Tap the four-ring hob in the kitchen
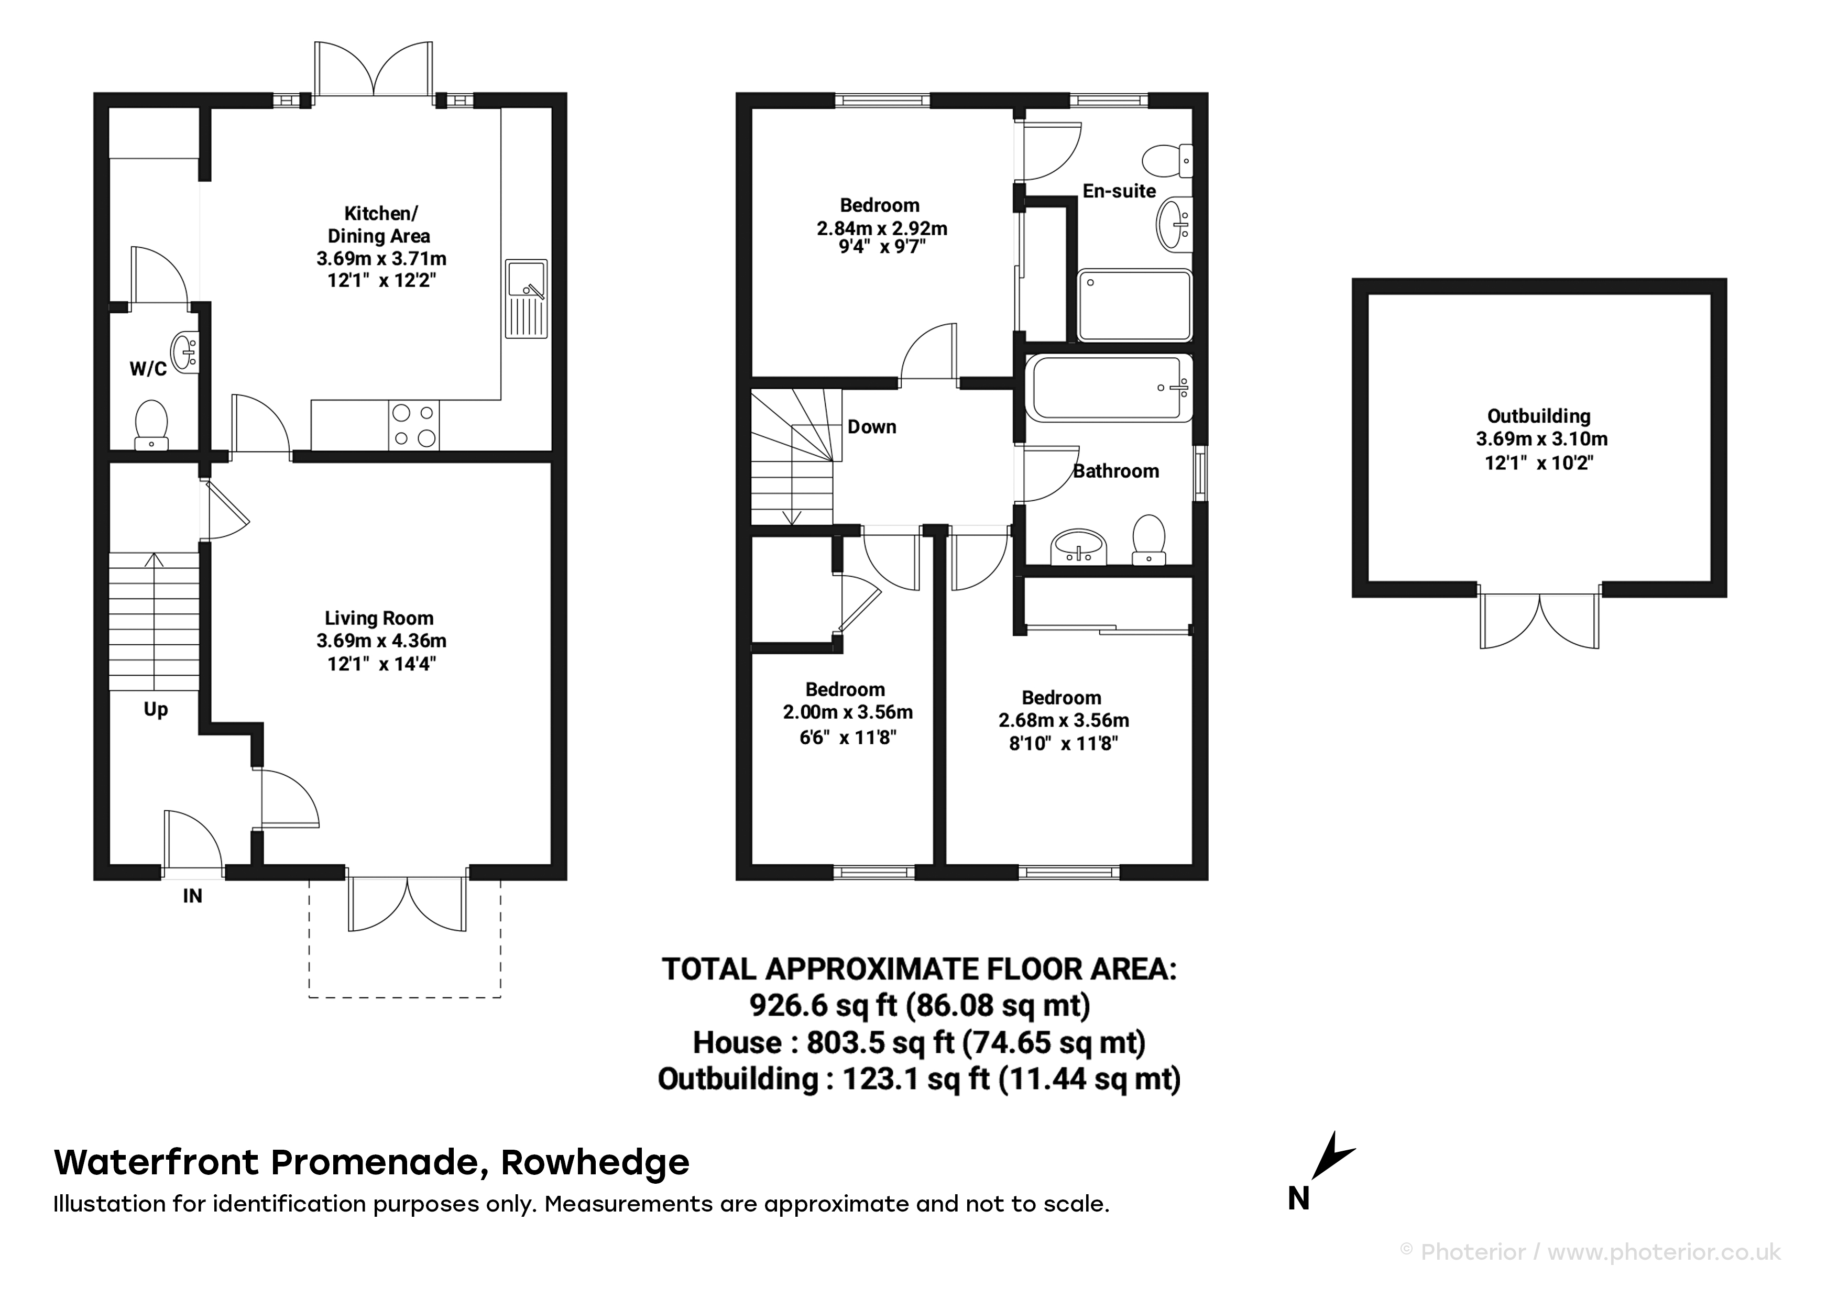click(414, 425)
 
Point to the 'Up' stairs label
click(156, 709)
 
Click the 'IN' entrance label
click(192, 896)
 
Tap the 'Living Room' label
click(379, 618)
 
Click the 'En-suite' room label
click(1119, 191)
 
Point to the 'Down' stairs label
click(872, 426)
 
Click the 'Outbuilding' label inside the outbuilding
click(1539, 416)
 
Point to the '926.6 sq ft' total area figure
click(823, 1005)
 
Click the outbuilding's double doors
click(1539, 621)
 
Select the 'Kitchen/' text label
click(381, 214)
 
